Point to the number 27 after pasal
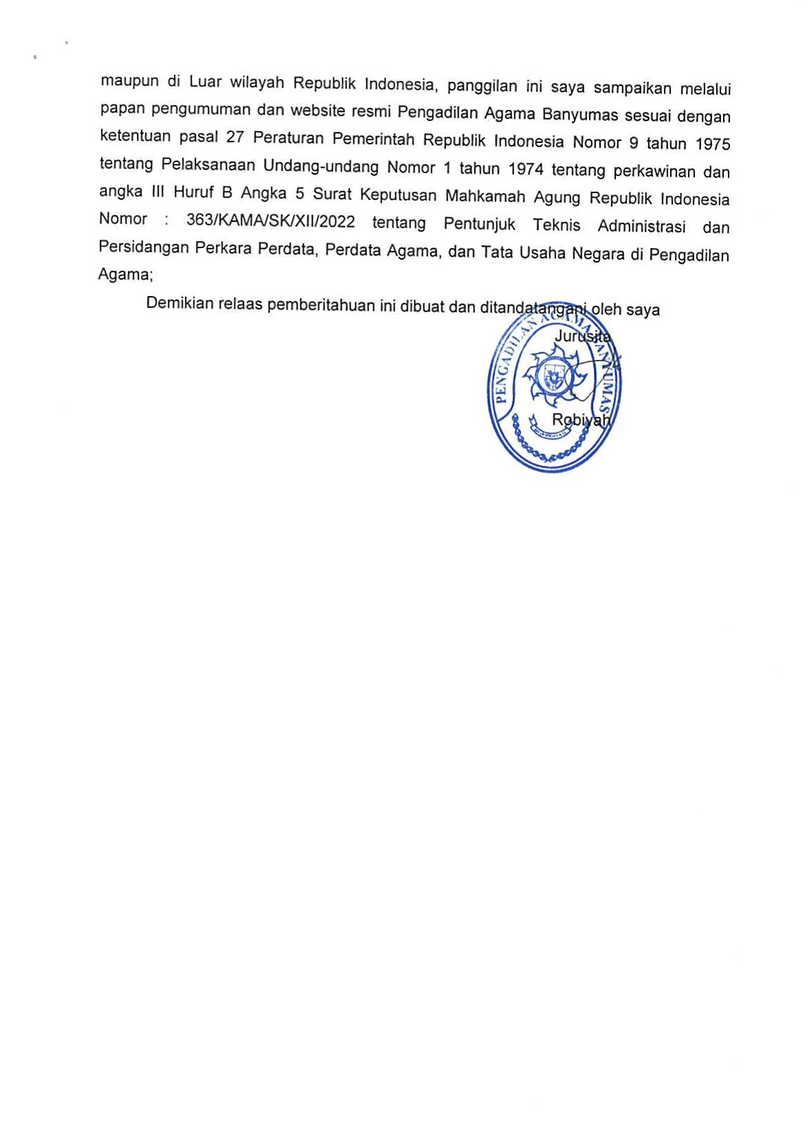coord(235,137)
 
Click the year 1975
coord(712,144)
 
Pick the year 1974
coord(526,169)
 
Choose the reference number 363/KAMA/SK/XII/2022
coord(270,221)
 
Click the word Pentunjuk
coord(479,225)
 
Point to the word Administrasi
coord(641,226)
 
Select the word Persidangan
coord(143,247)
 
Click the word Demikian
coord(179,304)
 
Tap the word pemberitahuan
coord(320,305)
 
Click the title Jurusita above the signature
coord(582,337)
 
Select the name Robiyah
coord(581,420)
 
